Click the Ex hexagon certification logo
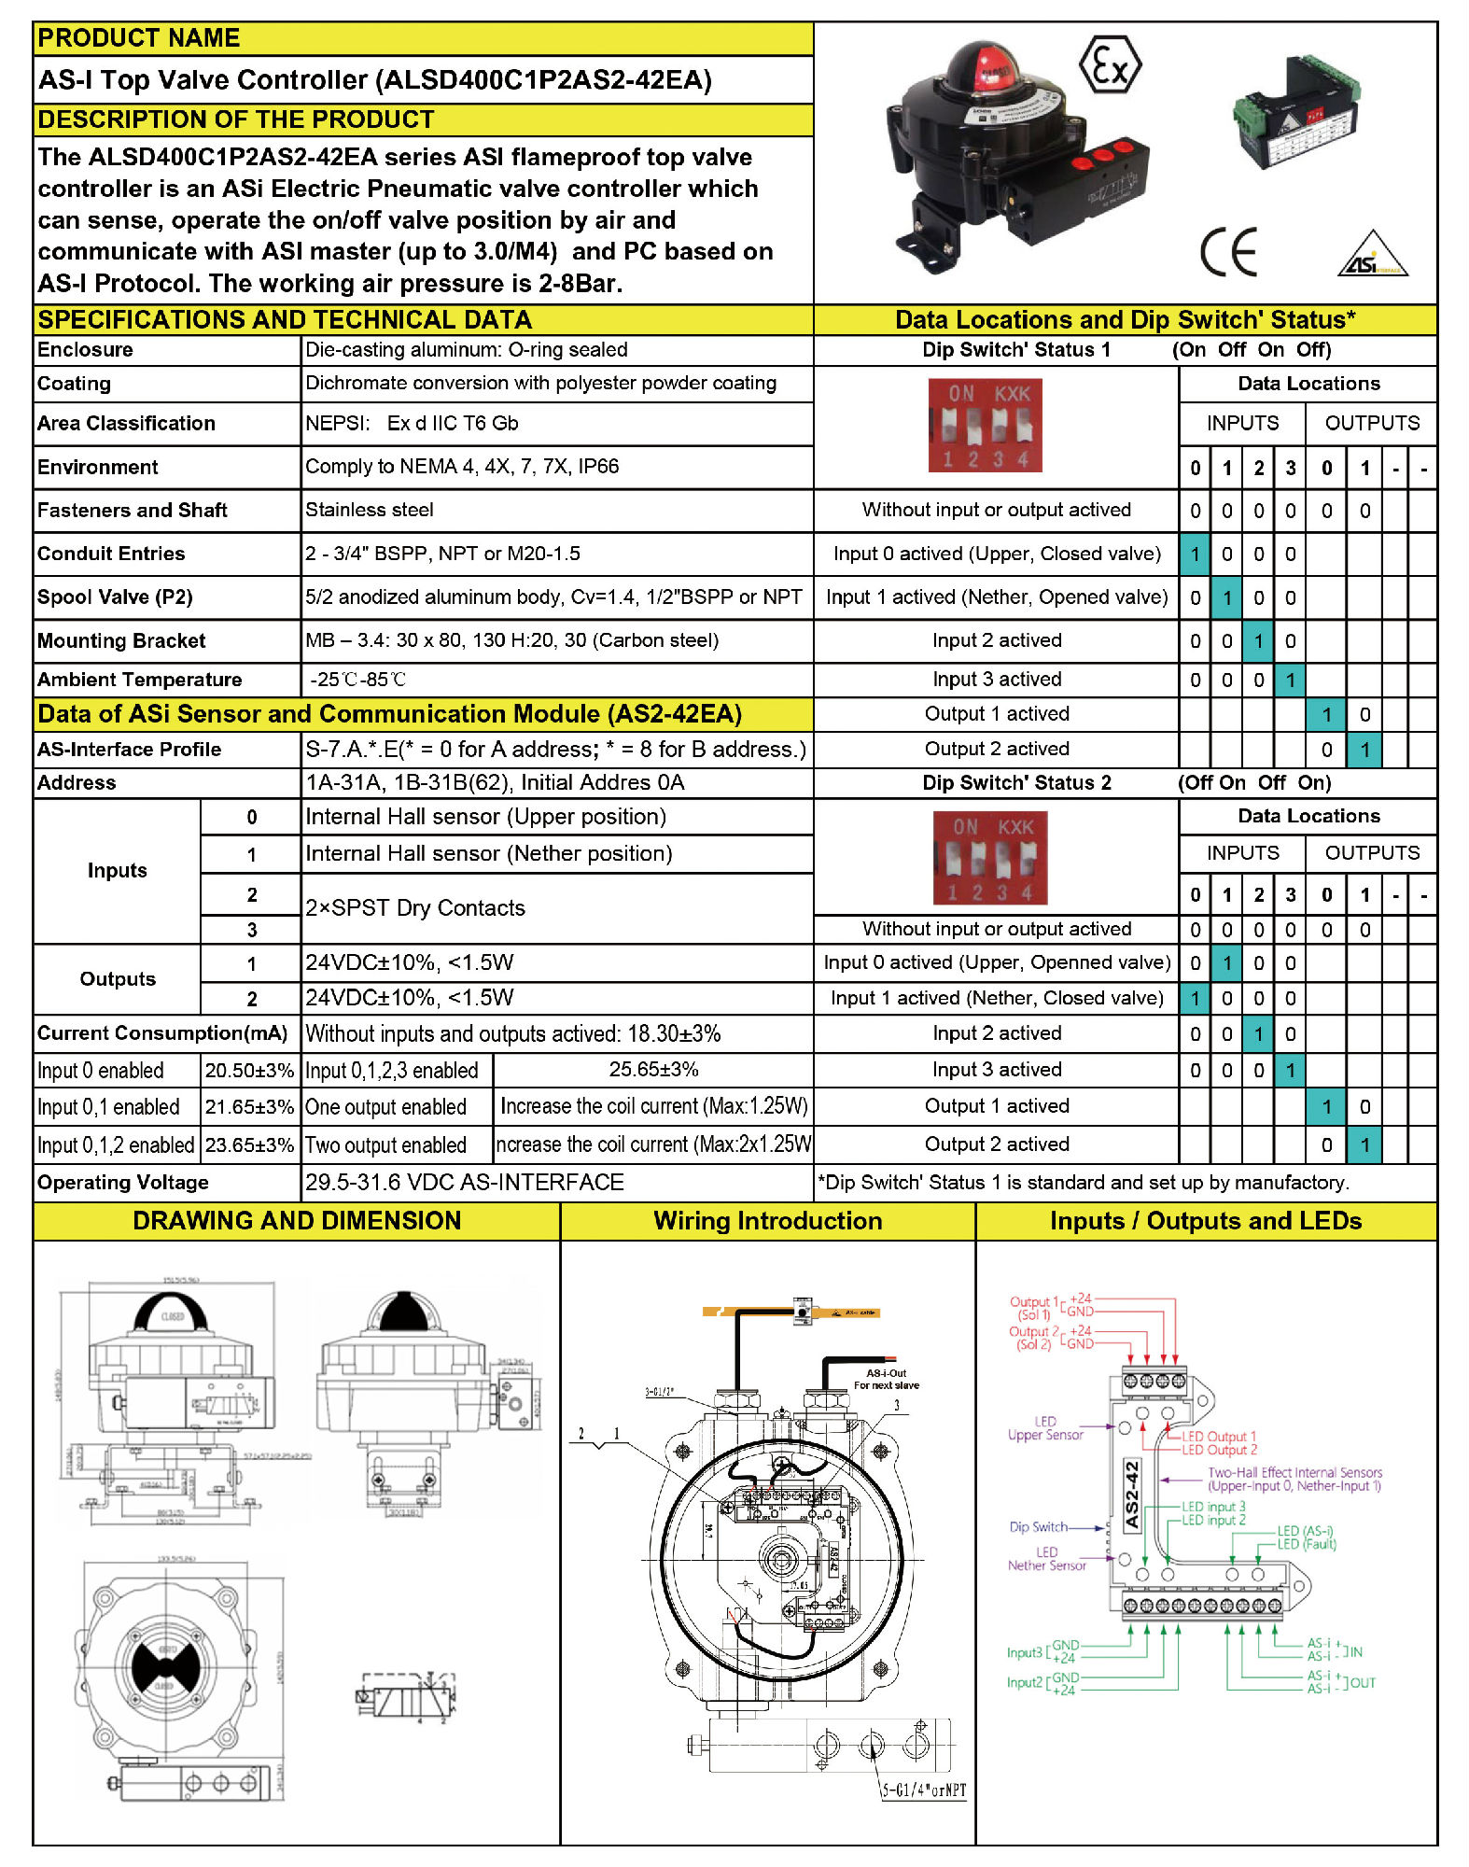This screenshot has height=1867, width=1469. (x=1110, y=65)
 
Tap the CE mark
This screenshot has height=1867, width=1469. (x=1228, y=252)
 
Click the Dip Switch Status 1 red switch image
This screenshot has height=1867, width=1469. (x=985, y=425)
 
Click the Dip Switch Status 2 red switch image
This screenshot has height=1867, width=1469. (x=990, y=857)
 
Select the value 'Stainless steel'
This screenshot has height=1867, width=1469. (x=370, y=510)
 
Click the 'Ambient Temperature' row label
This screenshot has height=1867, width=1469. (x=139, y=680)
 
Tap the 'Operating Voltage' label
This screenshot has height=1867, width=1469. (x=123, y=1183)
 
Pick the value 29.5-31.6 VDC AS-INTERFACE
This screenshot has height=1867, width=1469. (x=464, y=1183)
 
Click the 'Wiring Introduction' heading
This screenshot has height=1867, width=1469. (x=767, y=1221)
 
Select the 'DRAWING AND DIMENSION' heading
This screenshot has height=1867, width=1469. (x=297, y=1221)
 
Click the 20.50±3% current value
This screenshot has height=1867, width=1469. (x=249, y=1071)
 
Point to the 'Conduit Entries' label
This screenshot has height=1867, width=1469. (x=111, y=554)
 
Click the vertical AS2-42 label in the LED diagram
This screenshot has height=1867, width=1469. (x=1132, y=1495)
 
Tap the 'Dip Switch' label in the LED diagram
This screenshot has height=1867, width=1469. (x=1038, y=1527)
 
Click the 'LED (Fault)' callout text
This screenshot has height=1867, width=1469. (x=1307, y=1544)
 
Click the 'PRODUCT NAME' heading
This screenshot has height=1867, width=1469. (x=139, y=38)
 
